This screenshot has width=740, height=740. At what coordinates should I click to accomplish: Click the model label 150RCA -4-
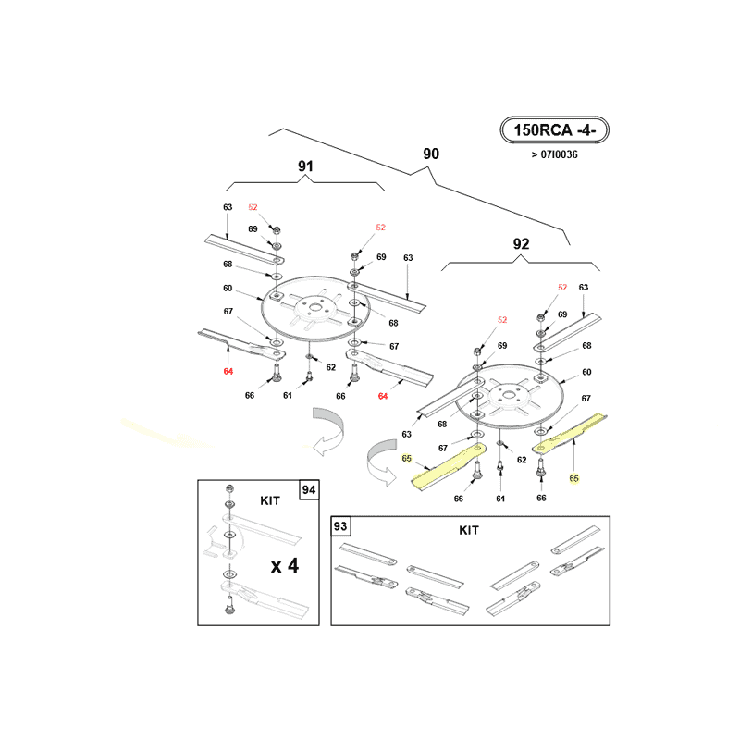tap(554, 129)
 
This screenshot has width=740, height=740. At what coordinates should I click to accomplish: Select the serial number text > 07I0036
tap(554, 154)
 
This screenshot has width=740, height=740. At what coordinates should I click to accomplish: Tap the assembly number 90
tap(431, 154)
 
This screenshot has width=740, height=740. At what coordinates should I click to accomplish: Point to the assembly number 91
tap(305, 166)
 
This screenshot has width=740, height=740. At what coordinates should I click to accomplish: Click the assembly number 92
tap(521, 244)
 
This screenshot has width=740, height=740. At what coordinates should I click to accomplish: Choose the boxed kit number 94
tap(309, 490)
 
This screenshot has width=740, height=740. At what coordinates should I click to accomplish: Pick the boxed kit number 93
tap(339, 525)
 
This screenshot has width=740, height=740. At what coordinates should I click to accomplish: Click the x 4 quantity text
tap(285, 565)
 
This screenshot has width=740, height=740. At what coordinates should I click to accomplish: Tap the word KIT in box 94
tap(270, 500)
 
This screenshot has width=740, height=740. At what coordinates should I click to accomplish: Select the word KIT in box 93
tap(469, 530)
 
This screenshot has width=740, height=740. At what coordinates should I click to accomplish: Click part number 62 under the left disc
tap(331, 367)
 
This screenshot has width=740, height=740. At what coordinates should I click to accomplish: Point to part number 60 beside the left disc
tap(228, 288)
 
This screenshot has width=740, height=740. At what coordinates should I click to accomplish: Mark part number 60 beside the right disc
tap(586, 372)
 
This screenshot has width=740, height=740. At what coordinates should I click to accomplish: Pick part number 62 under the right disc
tap(522, 460)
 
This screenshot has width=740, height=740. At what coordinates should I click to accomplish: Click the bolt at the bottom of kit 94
tap(229, 604)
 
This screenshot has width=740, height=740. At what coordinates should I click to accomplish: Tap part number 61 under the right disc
tap(500, 499)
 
